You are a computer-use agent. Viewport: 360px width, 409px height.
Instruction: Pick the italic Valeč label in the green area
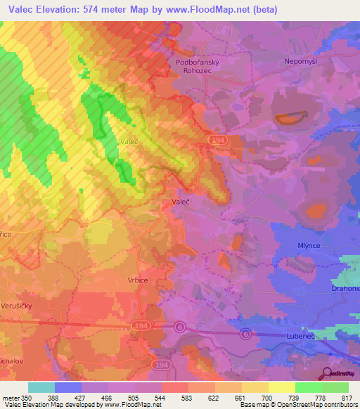(x=128, y=141)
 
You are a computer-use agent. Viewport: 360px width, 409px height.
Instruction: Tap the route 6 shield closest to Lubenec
(x=245, y=332)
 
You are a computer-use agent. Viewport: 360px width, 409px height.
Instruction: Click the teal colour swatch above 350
(x=41, y=387)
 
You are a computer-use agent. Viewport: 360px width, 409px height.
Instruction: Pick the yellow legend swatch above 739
(x=282, y=387)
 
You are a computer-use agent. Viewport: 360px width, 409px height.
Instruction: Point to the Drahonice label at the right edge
(x=345, y=288)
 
